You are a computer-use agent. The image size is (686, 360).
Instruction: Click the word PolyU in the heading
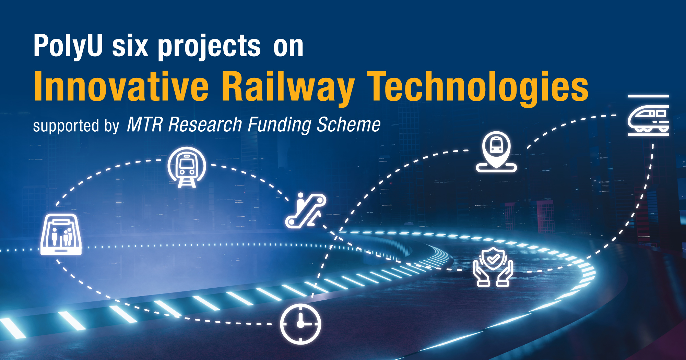68,46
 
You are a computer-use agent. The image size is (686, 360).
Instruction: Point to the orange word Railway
288,87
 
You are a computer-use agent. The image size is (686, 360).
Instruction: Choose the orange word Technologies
477,87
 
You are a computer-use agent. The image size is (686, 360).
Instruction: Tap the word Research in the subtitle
205,124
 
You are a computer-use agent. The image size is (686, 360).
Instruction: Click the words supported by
76,126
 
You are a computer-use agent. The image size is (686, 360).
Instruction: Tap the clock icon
300,324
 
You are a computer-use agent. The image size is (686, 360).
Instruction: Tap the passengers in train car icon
61,235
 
